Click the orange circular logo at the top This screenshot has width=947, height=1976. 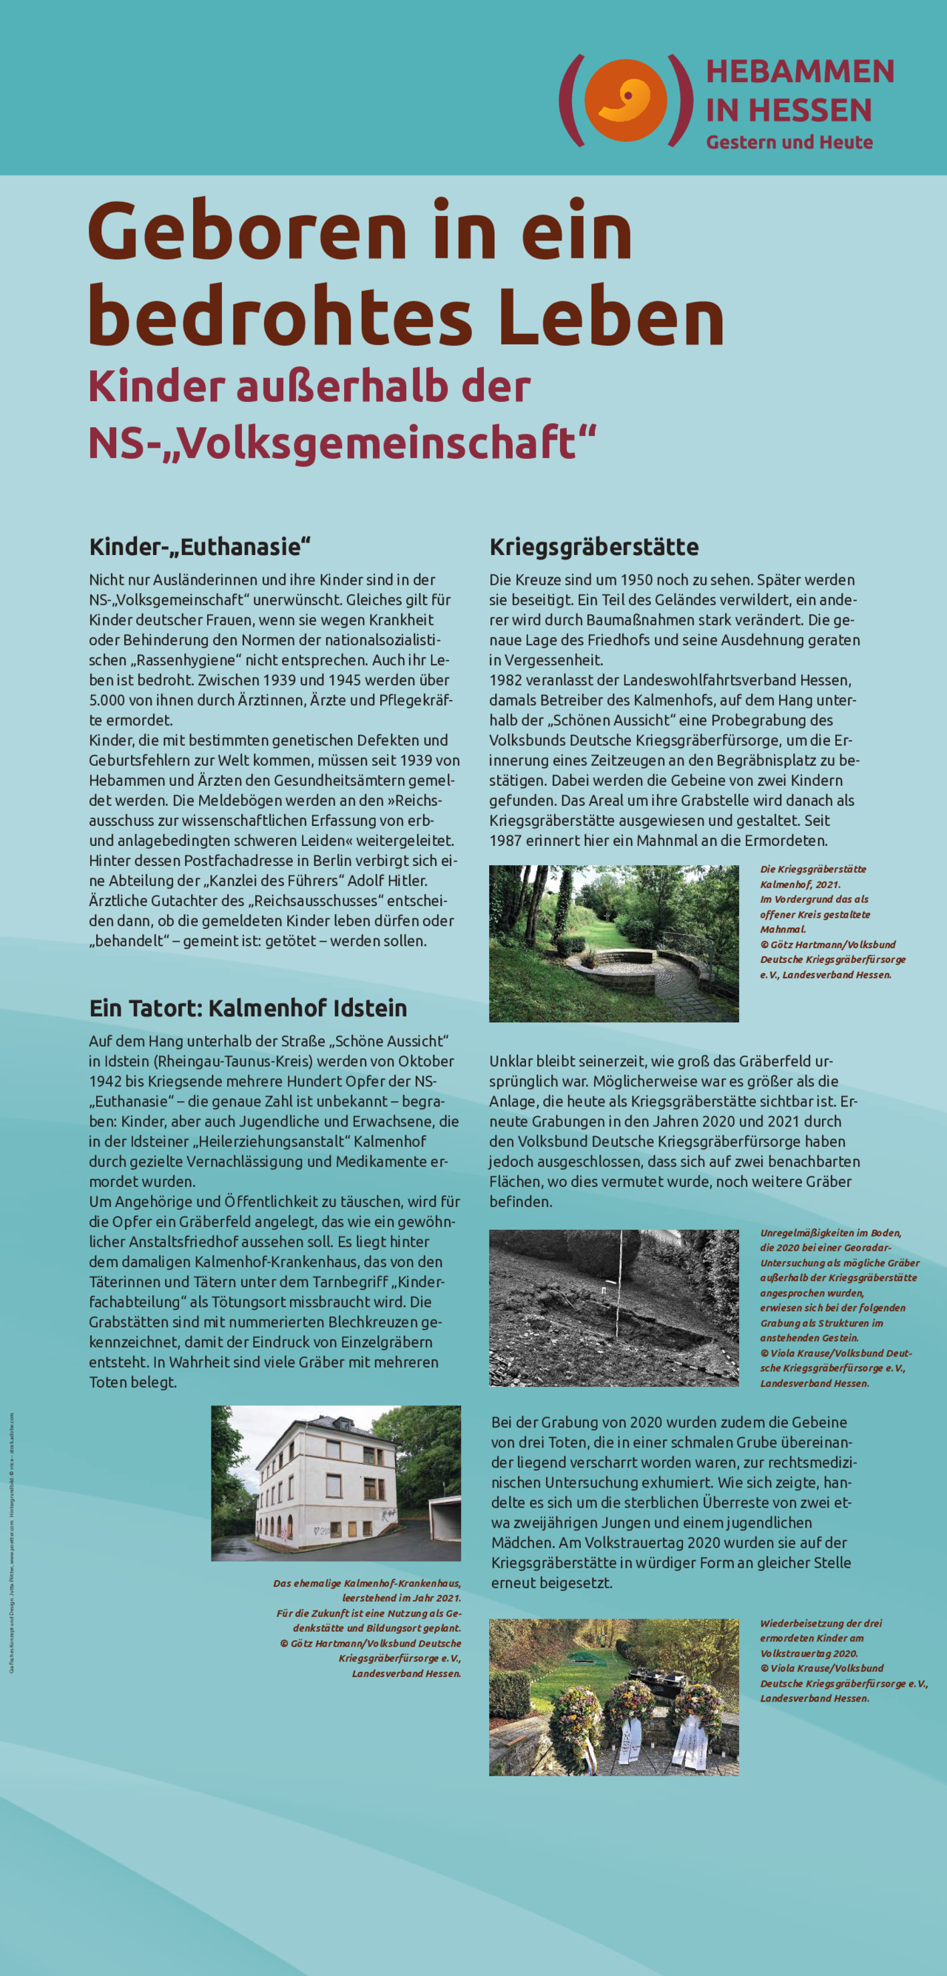[x=626, y=100]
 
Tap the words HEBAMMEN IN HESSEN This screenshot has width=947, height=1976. [x=799, y=90]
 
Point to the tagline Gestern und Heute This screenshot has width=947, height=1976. [x=789, y=143]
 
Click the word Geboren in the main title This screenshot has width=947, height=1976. [x=247, y=231]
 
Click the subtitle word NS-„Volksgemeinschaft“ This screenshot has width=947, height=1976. [x=342, y=443]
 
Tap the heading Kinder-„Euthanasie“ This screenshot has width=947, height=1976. [x=199, y=547]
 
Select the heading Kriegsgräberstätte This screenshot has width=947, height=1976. [x=593, y=547]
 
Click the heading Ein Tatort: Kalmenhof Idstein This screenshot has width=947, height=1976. [x=248, y=1008]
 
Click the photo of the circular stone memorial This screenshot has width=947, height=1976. [x=613, y=944]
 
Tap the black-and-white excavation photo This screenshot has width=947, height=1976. [x=613, y=1308]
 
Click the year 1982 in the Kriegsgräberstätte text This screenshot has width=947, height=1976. [x=506, y=680]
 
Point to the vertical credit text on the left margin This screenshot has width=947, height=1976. [x=12, y=1542]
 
